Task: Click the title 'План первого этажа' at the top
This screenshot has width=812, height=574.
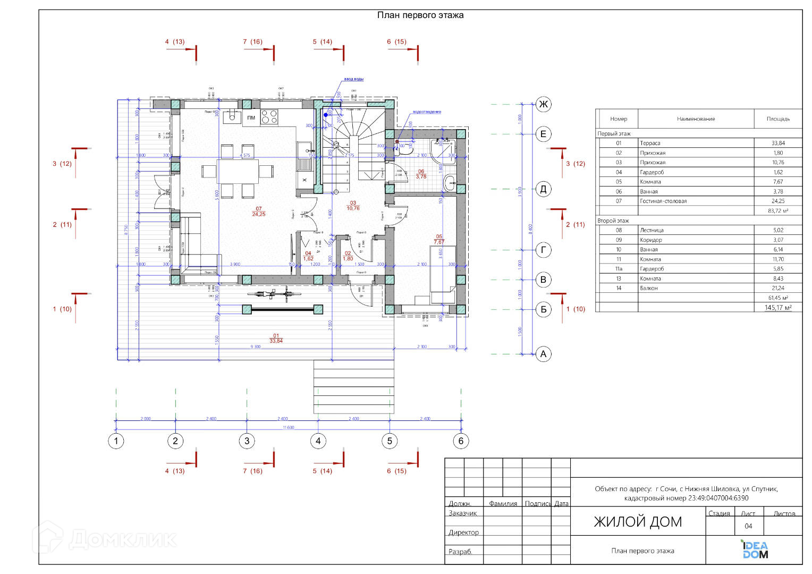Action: click(420, 15)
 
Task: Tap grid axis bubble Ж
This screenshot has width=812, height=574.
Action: click(543, 104)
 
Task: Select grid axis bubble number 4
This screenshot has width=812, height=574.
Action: click(318, 441)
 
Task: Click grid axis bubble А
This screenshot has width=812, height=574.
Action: click(543, 354)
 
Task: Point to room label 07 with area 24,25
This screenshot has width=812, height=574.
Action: click(259, 212)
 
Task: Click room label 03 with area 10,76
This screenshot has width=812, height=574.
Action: click(353, 206)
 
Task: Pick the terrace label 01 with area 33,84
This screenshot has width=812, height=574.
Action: click(276, 339)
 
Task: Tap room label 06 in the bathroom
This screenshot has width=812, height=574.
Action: click(421, 174)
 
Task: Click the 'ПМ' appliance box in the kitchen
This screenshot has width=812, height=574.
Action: click(251, 117)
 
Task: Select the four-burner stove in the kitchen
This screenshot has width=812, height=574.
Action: click(269, 116)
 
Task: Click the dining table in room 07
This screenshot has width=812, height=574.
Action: click(237, 172)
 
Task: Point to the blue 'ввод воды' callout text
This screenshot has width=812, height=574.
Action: click(353, 79)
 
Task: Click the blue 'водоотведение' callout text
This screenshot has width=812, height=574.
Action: click(427, 112)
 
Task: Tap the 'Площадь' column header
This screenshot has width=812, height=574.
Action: click(778, 119)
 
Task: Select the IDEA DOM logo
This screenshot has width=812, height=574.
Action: click(755, 550)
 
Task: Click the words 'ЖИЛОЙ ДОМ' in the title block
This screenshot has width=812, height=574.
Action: click(638, 522)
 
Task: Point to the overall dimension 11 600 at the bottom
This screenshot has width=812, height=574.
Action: click(288, 427)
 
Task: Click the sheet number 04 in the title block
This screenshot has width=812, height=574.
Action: click(748, 526)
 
